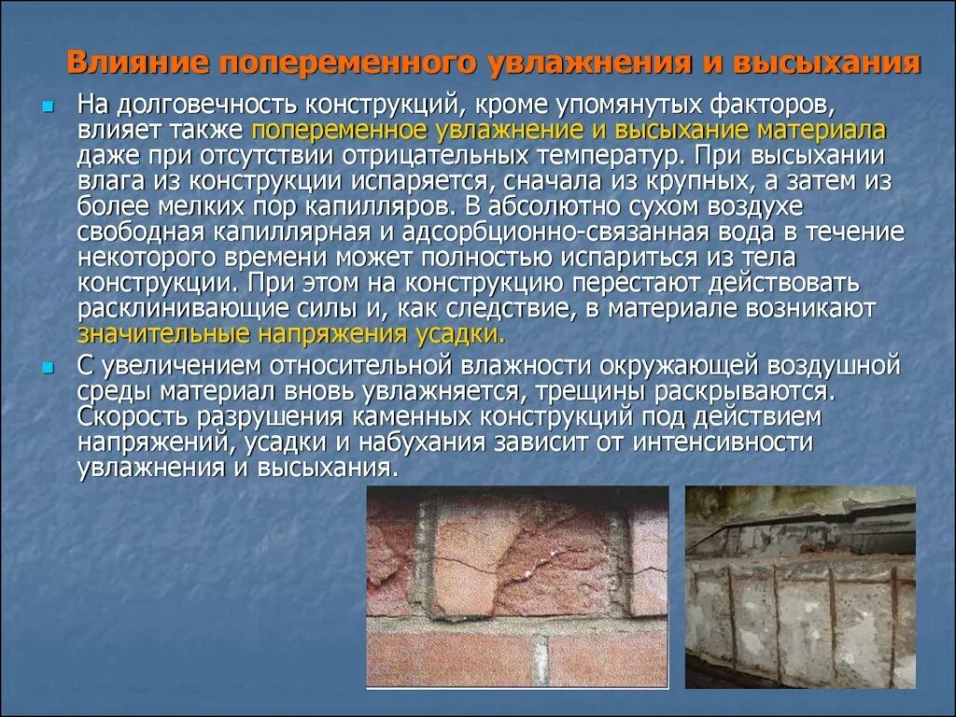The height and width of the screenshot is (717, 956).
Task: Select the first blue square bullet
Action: [x=48, y=102]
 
